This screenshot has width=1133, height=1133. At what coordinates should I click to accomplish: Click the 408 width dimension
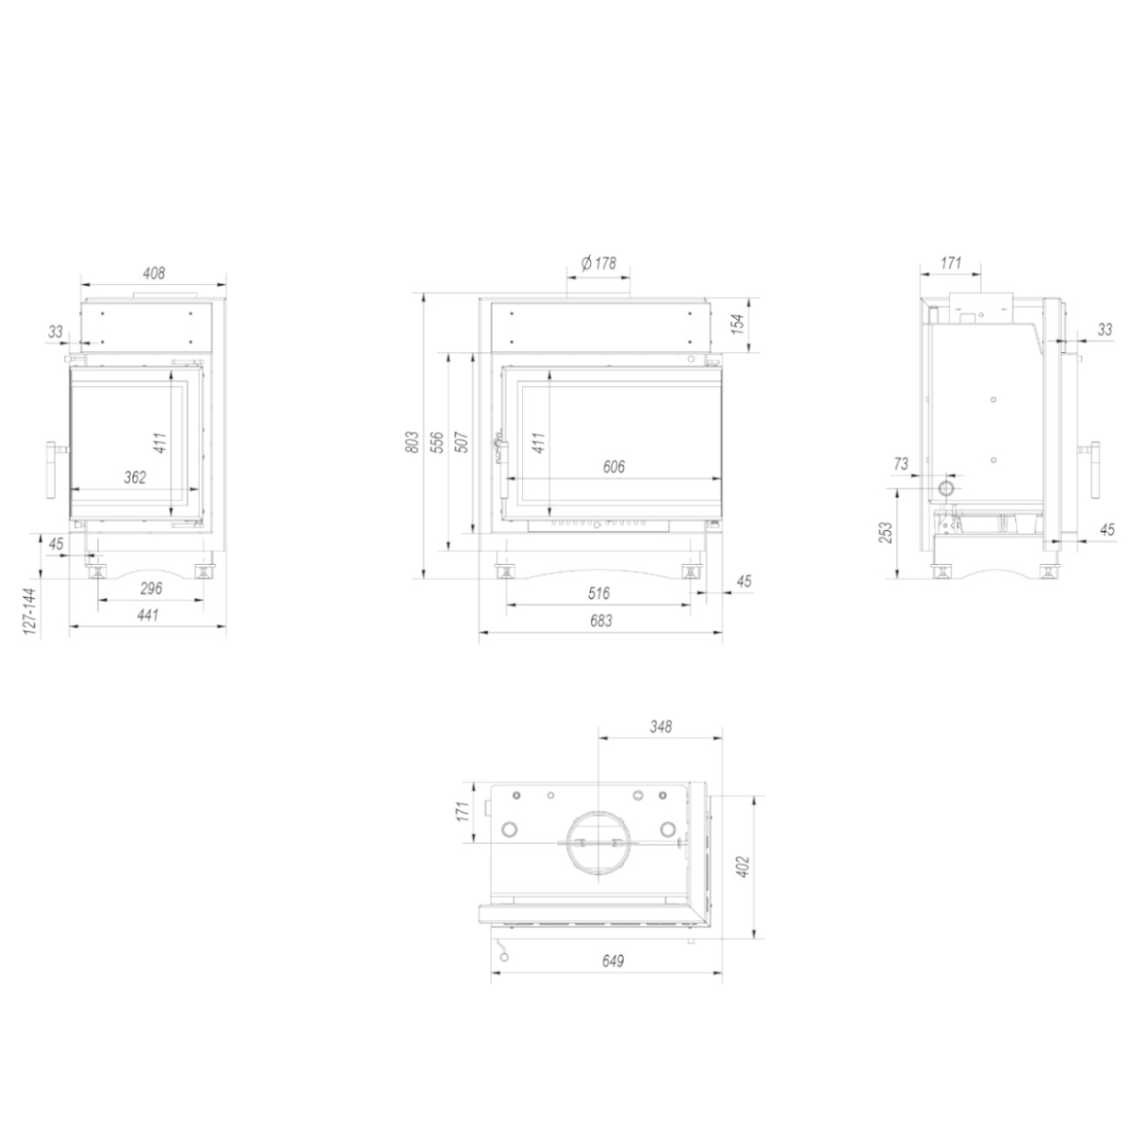point(153,274)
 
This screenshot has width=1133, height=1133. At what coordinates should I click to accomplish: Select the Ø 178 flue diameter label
point(599,263)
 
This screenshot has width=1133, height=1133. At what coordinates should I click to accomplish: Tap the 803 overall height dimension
point(413,442)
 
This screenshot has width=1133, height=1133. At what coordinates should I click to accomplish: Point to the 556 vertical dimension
point(438,442)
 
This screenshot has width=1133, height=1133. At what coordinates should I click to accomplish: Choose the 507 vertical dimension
point(463,442)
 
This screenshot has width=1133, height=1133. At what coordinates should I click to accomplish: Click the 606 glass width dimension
point(614,467)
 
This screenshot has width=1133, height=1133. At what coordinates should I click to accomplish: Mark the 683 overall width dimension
point(600,621)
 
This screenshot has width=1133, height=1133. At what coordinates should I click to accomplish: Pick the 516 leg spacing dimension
point(599,594)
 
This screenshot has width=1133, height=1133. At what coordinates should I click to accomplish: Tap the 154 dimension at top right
point(737,324)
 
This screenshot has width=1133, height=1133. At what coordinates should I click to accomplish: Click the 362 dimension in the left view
point(134,478)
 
